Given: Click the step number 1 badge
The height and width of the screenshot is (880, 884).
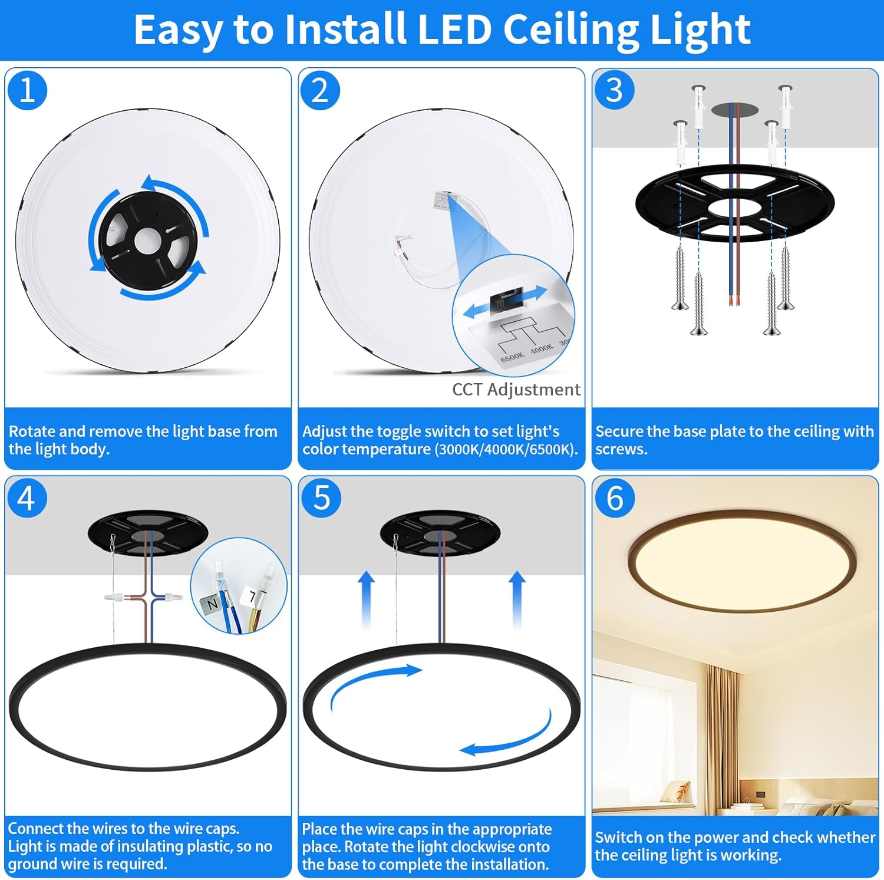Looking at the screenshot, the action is (x=27, y=90).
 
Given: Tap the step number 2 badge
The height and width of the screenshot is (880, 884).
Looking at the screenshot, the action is (x=320, y=90).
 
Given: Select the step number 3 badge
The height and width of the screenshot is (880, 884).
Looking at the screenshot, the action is (x=614, y=90).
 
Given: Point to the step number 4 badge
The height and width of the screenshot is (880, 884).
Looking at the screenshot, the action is (x=27, y=499).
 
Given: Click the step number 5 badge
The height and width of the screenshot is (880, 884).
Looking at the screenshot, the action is (x=321, y=499).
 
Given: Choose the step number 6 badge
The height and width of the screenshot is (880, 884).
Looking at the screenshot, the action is (x=615, y=499).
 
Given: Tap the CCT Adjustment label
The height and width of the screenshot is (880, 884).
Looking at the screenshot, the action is (x=516, y=390).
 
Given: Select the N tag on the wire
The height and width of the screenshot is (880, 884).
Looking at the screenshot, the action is (x=212, y=605).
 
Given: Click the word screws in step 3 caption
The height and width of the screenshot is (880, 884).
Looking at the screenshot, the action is (x=621, y=449).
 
